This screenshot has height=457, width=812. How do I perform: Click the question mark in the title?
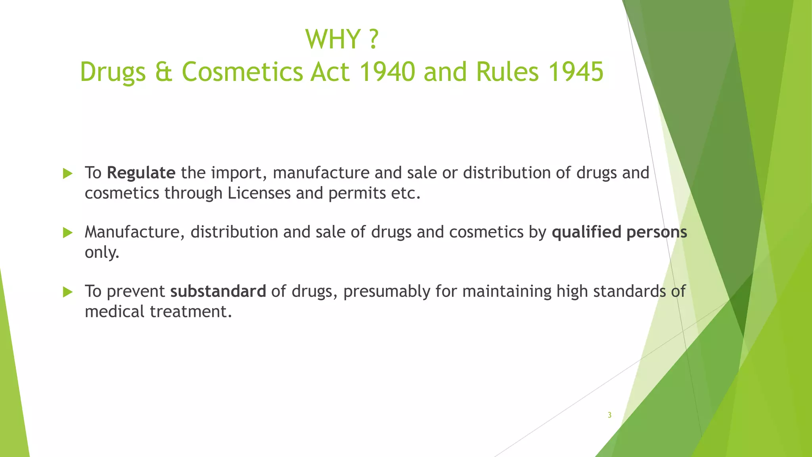click(373, 39)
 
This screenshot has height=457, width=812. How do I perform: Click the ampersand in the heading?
click(163, 72)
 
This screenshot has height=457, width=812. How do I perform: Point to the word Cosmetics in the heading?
click(242, 72)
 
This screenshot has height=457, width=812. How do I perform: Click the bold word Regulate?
click(141, 173)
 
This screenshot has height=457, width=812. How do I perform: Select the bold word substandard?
click(218, 291)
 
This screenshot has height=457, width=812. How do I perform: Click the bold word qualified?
click(586, 232)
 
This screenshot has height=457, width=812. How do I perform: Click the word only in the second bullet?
click(101, 252)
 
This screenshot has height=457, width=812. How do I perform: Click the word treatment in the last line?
click(190, 311)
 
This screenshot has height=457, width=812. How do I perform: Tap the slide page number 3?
click(609, 415)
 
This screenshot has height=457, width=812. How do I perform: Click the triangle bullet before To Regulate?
click(68, 173)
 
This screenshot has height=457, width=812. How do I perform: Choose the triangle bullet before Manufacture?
click(68, 232)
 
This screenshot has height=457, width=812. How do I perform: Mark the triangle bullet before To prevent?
click(68, 292)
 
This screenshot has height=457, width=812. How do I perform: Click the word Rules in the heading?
click(507, 72)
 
